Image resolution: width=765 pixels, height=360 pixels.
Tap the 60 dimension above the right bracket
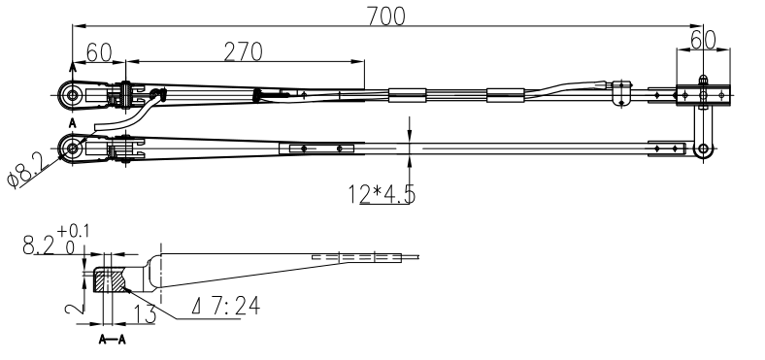coord(703,40)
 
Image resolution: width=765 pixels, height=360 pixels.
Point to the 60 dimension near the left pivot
coord(100,52)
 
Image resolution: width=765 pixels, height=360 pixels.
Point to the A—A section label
coord(114,341)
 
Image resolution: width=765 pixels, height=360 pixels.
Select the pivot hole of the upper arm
coord(71,95)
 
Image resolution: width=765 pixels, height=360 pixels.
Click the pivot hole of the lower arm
coord(71,147)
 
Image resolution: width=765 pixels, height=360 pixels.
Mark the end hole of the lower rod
coord(704,148)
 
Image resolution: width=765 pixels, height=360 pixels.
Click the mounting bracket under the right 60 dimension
coord(701,94)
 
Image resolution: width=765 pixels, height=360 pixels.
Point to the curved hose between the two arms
coord(126,115)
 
